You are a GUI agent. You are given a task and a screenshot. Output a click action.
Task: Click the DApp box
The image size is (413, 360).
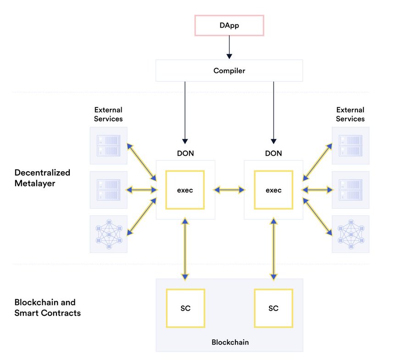click(x=229, y=25)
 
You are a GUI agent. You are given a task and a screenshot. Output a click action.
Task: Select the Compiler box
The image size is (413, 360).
click(x=229, y=70)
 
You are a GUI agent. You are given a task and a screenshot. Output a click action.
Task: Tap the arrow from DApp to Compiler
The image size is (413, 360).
click(x=229, y=47)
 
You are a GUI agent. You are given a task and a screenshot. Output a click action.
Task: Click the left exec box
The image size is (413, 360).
click(x=185, y=190)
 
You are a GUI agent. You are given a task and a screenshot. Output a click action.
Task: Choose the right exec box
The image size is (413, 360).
click(x=273, y=190)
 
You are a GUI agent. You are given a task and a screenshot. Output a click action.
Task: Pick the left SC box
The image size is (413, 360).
click(x=185, y=309)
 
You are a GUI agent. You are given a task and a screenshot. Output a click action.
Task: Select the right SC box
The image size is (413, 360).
click(x=273, y=309)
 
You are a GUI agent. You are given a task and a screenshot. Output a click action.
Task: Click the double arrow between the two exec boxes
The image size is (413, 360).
click(x=229, y=190)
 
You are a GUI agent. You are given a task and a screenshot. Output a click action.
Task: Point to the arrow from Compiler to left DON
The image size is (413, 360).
click(x=185, y=112)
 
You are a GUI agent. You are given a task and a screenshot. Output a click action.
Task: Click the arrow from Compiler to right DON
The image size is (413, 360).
click(x=273, y=112)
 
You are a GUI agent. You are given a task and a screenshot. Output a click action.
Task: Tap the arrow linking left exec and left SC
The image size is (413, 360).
click(x=185, y=249)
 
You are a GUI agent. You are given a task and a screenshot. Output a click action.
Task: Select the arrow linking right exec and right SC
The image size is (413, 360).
click(x=273, y=249)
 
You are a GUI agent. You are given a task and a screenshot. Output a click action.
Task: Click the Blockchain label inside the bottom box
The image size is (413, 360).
click(x=230, y=342)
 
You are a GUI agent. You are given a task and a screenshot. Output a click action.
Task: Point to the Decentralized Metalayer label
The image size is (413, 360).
click(x=42, y=178)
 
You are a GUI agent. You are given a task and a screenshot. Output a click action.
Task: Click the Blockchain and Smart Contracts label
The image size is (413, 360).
click(x=47, y=308)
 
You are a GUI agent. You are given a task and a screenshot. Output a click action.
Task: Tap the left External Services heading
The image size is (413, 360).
click(x=108, y=114)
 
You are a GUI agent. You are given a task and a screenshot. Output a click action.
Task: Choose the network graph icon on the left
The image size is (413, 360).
click(x=109, y=234)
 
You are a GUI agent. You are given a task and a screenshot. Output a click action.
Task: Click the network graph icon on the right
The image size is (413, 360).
click(x=351, y=234)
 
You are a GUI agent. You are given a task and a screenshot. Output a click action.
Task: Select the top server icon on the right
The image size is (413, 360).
click(x=351, y=146)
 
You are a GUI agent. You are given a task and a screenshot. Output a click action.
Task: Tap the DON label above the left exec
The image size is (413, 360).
click(x=185, y=153)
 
